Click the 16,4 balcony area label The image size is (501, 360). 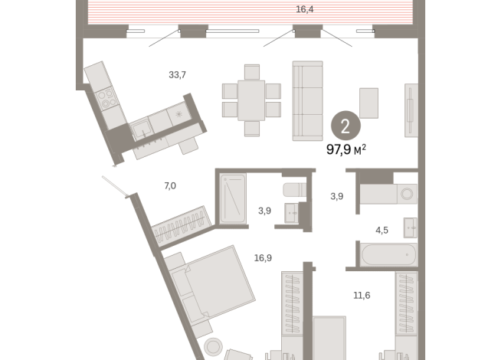[x=304, y=9]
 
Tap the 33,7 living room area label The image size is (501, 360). [x=177, y=75]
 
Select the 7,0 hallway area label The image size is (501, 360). [x=170, y=185]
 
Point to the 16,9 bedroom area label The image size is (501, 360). [x=263, y=258]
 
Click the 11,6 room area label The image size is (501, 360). [x=362, y=295]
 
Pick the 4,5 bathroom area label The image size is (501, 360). [x=381, y=230]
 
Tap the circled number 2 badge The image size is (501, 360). [x=345, y=126]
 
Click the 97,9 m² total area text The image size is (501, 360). [x=346, y=149]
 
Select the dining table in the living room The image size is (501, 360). [x=251, y=100]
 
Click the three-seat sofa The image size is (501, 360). [x=307, y=100]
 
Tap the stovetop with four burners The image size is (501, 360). [x=106, y=99]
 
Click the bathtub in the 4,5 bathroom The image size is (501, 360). [x=389, y=254]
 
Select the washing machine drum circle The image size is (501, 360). [x=407, y=194]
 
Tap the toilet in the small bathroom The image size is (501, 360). [x=294, y=190]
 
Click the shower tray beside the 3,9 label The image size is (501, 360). [x=233, y=198]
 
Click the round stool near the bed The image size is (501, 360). [x=213, y=346]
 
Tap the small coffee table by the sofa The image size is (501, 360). [x=368, y=103]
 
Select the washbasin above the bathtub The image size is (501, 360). [x=411, y=227]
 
